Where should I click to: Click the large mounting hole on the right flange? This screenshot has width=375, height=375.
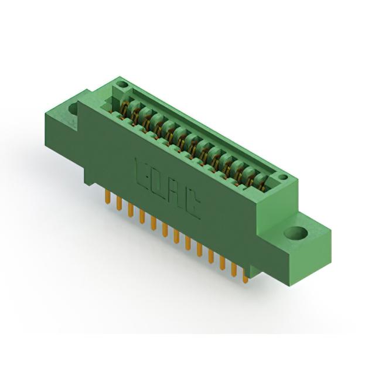(x=295, y=233)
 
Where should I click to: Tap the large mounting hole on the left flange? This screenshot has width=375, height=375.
(x=73, y=109)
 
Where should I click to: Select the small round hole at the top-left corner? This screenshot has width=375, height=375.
(x=122, y=84)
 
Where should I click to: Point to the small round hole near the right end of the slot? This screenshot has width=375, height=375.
(x=283, y=177)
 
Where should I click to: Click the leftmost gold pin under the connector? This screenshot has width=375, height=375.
(x=108, y=197)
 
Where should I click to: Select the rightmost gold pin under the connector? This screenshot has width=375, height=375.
(x=246, y=276)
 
